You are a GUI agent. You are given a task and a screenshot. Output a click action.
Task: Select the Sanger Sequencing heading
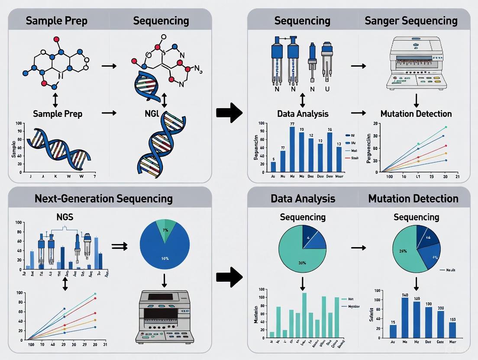[410, 20]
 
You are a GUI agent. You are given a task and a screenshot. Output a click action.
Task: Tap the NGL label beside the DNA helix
[163, 114]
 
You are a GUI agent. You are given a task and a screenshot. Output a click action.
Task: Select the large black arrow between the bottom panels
[230, 277]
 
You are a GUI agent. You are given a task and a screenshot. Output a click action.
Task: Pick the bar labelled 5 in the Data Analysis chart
[273, 167]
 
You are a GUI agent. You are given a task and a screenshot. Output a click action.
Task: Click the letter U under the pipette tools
[327, 89]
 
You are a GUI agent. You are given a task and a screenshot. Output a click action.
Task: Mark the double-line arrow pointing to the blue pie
[117, 246]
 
